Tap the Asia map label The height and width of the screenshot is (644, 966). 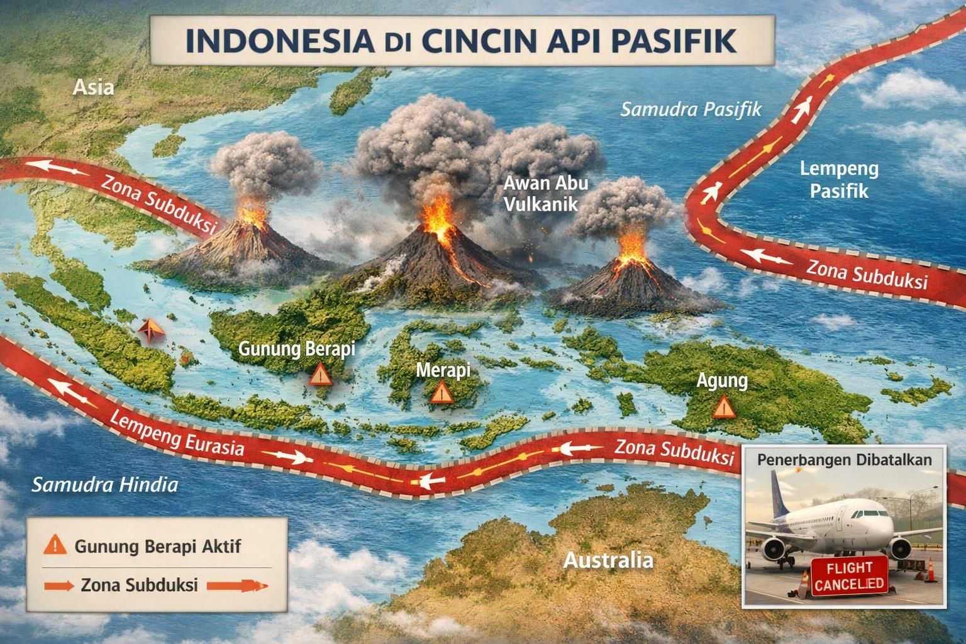coord(93,87)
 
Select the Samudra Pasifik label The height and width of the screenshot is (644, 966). coord(691,110)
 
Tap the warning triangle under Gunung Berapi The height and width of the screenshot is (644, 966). coord(320,375)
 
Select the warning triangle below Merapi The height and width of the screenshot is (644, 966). coord(441,393)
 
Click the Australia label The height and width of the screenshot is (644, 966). coord(608,559)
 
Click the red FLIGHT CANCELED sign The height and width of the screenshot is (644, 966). coord(848,576)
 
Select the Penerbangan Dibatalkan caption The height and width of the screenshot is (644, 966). coord(844,459)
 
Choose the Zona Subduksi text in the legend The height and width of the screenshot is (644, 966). coord(140,585)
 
